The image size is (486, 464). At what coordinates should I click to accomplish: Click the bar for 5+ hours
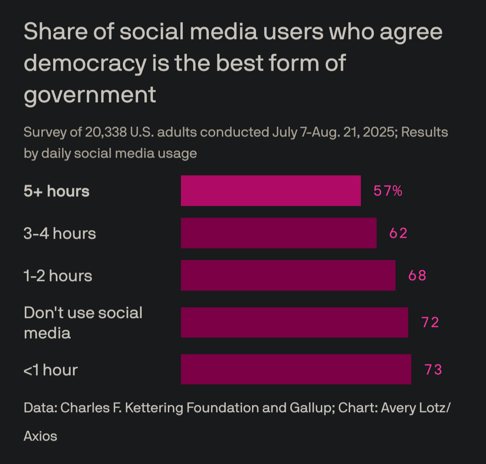coord(270,191)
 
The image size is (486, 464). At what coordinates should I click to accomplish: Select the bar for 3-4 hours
coord(279,233)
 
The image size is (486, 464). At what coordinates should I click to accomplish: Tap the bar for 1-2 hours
coord(288,275)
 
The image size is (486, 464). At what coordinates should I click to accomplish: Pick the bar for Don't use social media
coord(294,322)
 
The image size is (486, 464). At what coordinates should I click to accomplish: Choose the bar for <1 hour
coord(296,369)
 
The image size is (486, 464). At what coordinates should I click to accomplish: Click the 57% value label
coord(387,191)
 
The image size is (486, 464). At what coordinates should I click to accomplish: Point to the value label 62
coord(398,233)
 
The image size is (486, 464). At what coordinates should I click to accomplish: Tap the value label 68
coord(417,275)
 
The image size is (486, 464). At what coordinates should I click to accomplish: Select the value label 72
coord(430,323)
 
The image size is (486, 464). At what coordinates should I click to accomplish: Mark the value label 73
coord(433,370)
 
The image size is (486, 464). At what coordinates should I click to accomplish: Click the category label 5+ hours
coord(57,191)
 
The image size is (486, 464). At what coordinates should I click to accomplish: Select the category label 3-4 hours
coord(60,233)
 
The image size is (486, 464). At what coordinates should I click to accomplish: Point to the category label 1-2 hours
coord(58,276)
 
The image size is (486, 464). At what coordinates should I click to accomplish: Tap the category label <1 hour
coord(51,370)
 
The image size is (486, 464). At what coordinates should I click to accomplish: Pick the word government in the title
coord(90,95)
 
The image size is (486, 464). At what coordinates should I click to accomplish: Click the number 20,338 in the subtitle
coord(105,132)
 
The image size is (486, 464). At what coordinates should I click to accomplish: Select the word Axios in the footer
coord(40,436)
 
